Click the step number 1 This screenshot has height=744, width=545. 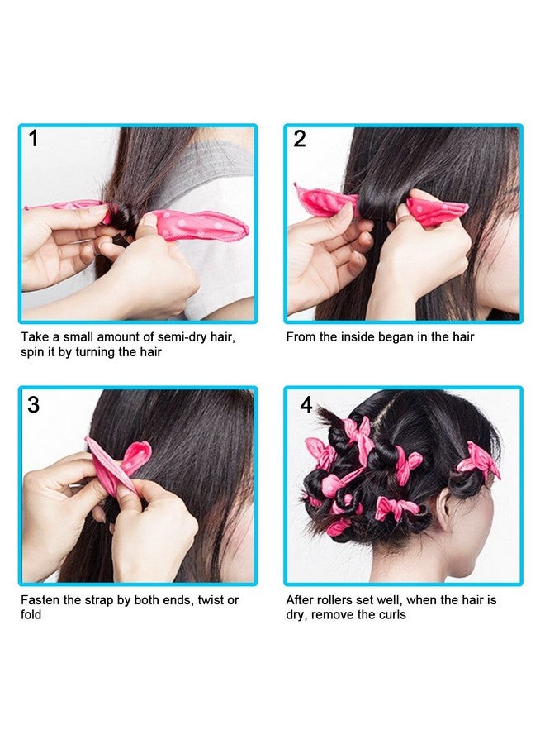pos(33,139)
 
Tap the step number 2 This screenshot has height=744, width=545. pos(300,139)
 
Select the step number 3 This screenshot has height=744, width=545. pos(33,405)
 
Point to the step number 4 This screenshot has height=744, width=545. pos(306,405)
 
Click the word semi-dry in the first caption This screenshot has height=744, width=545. pos(182,337)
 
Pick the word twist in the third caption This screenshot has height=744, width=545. pos(211,600)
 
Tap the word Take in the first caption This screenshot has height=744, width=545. pos(35,337)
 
